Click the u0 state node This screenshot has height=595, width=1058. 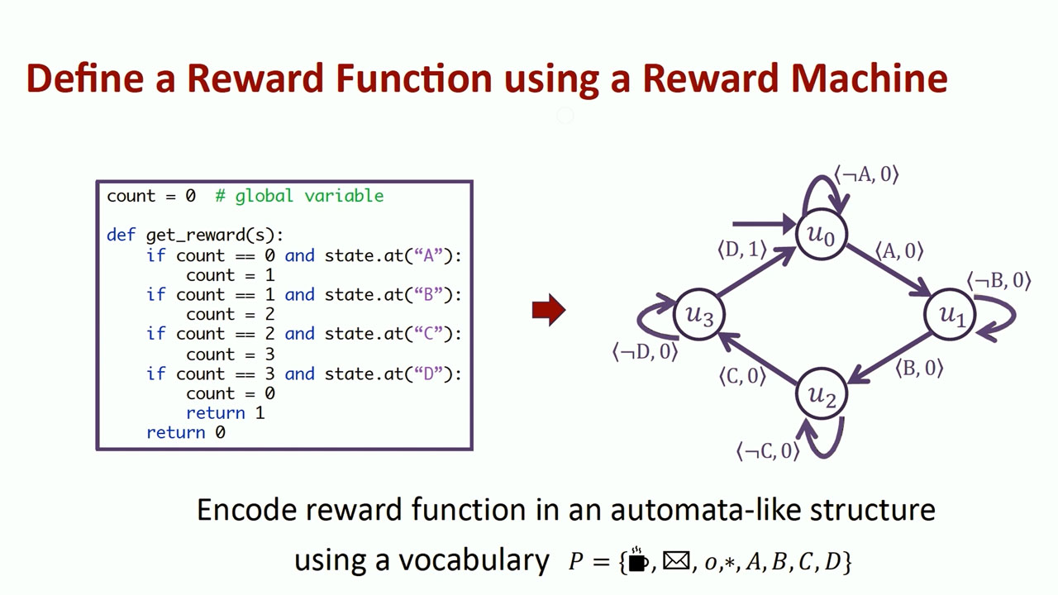(821, 235)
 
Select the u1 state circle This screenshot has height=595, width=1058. (951, 314)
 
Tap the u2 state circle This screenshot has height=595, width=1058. (821, 395)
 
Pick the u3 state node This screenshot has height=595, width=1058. (699, 314)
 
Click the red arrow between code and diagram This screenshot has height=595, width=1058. (548, 310)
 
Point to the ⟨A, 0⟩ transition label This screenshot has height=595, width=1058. (898, 251)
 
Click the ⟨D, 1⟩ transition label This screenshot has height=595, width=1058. (741, 249)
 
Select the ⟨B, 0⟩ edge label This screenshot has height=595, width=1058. (919, 368)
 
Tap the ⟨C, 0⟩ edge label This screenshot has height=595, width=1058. (741, 376)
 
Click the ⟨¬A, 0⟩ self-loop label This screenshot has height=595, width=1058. (865, 174)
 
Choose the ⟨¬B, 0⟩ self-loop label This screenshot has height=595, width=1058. (998, 280)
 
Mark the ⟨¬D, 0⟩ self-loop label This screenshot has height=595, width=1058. (645, 351)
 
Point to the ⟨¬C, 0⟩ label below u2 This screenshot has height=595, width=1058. (768, 450)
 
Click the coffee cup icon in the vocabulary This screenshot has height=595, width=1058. (637, 561)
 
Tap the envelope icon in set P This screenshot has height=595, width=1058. (675, 561)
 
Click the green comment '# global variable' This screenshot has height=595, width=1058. (299, 196)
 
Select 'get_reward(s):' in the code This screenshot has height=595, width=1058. (215, 236)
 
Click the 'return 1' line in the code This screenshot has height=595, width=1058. (225, 412)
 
